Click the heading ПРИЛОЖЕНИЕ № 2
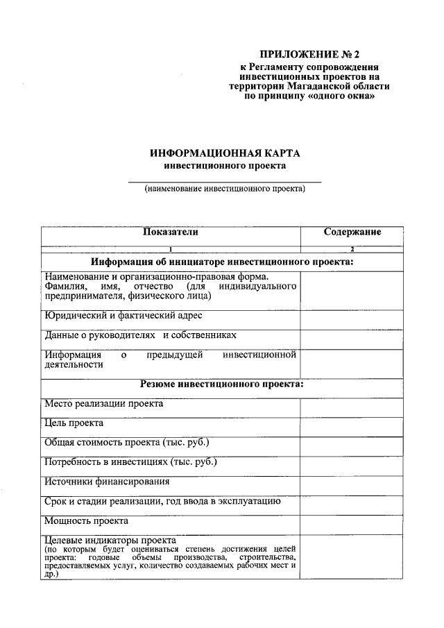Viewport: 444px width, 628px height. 310,54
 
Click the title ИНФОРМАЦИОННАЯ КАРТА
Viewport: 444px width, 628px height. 225,153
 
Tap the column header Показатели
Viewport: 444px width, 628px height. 170,232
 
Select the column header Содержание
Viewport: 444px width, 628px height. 352,232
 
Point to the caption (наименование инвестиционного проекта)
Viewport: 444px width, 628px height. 225,189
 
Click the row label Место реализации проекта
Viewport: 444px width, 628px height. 103,403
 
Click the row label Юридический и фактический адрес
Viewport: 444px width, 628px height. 123,316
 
